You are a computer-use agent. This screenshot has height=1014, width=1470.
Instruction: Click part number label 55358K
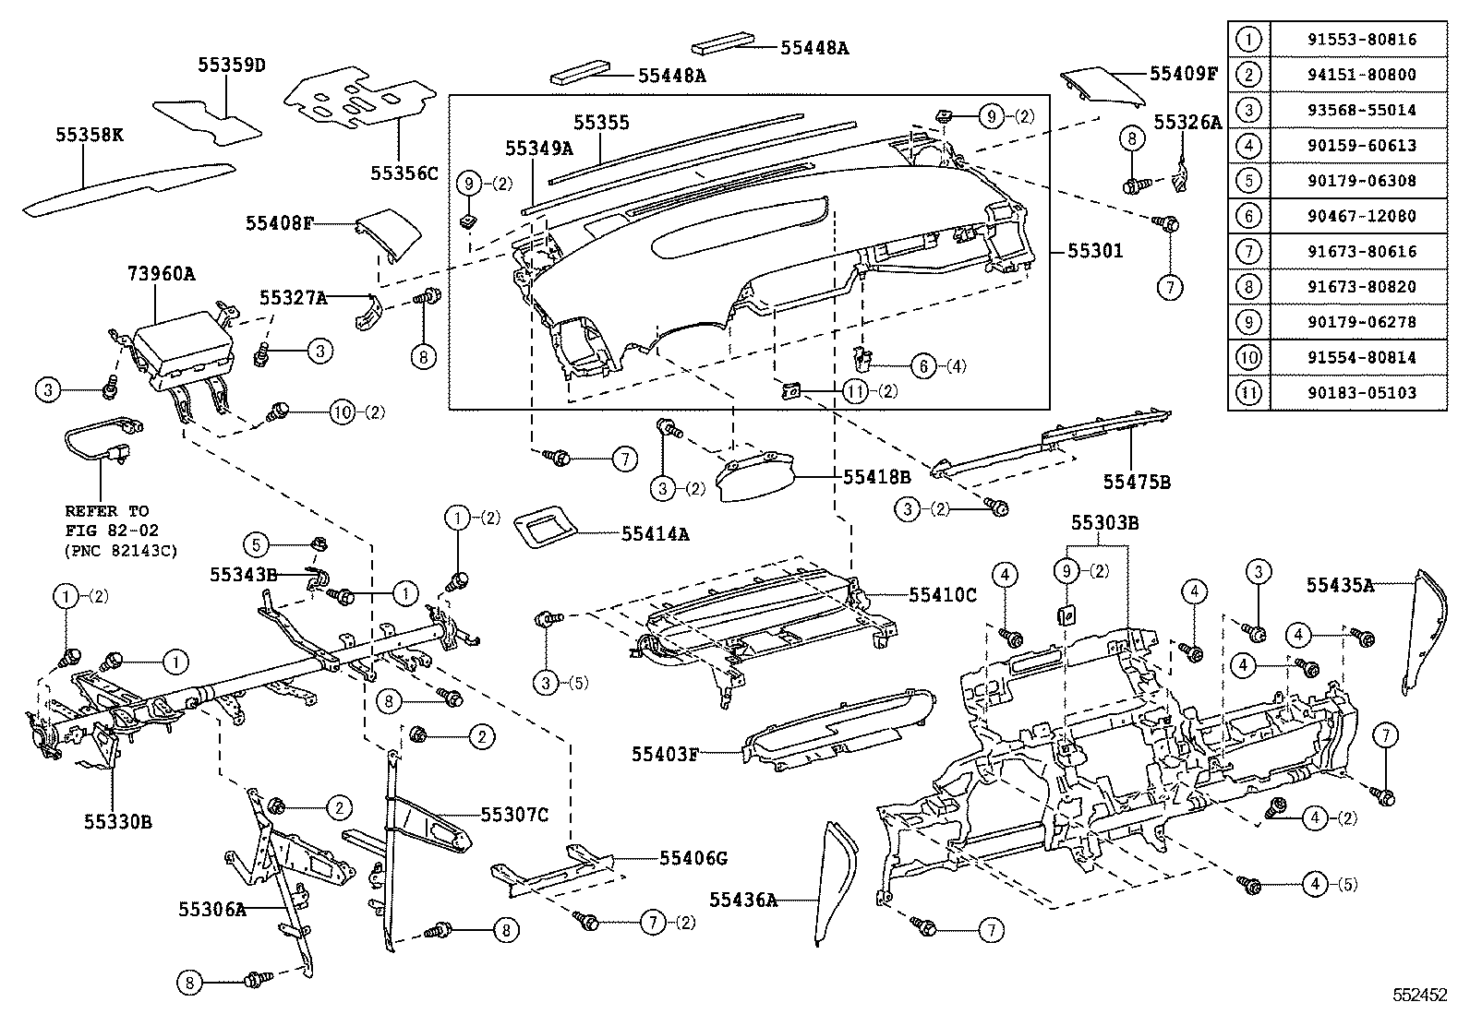89,136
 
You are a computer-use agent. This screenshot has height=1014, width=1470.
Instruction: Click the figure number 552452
1420,996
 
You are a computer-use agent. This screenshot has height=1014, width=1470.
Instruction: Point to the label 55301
1096,250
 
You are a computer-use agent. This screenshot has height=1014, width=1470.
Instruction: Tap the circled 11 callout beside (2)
854,391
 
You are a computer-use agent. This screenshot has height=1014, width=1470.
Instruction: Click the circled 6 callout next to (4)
923,365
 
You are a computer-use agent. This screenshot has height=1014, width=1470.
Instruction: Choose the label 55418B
876,477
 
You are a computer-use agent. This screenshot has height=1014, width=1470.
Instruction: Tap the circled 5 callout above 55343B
258,545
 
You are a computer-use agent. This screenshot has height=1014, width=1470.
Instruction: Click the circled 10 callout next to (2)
343,412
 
